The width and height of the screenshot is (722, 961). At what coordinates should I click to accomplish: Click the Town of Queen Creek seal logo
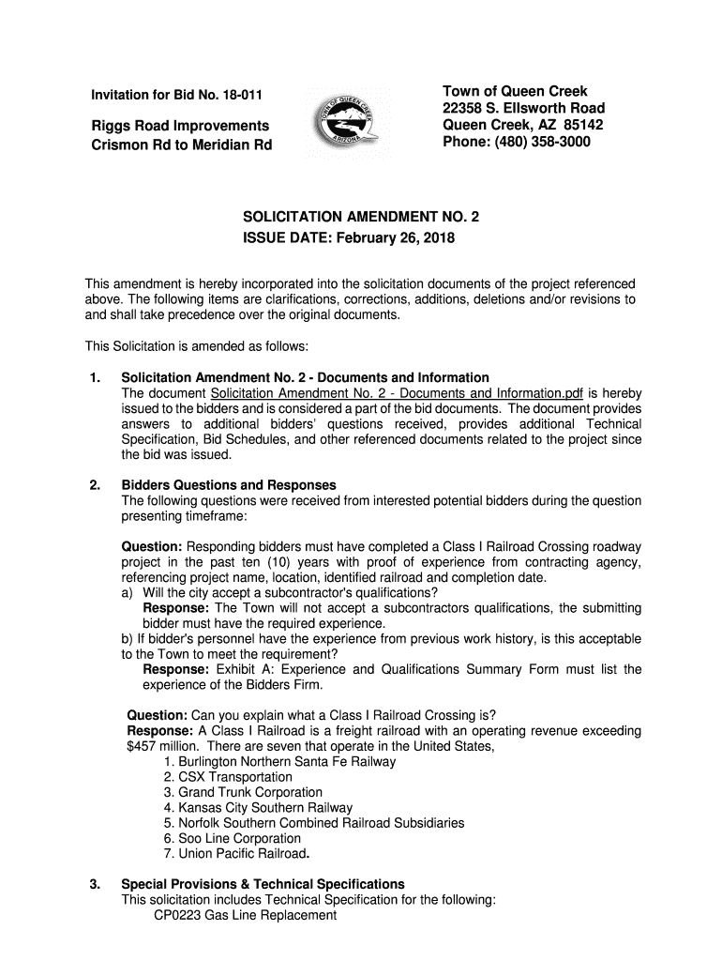345,121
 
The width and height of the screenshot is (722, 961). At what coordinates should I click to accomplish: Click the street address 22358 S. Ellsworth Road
523,108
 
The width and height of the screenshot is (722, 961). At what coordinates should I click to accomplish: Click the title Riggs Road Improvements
180,126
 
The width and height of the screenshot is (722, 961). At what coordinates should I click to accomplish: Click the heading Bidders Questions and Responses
229,485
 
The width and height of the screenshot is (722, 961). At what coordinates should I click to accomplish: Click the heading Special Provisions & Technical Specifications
263,884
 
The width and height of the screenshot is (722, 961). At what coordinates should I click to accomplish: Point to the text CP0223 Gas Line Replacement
245,915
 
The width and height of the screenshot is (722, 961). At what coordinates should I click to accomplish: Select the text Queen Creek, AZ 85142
522,125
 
